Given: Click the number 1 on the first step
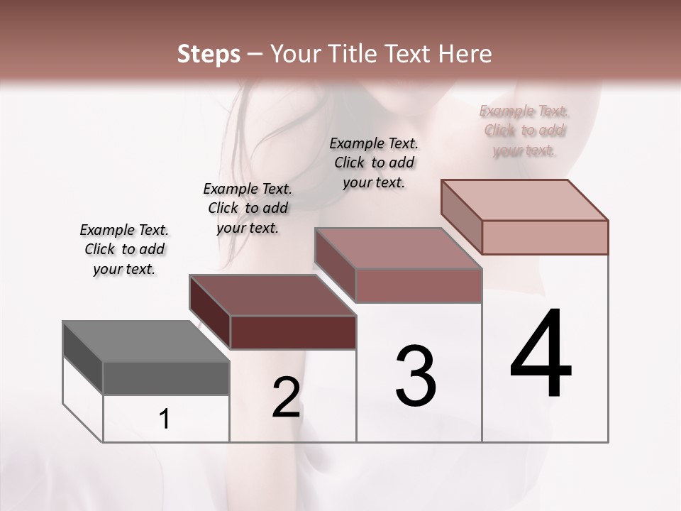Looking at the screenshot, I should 165,419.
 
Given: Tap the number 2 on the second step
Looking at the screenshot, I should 287,397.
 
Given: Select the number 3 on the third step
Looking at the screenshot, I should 416,375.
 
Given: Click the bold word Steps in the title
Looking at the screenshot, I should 209,54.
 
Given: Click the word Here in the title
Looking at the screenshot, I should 465,54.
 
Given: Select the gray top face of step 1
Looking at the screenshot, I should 145,341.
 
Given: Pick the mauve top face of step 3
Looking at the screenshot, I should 399,248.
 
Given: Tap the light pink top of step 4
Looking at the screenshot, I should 525,200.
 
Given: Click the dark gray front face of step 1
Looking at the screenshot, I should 166,378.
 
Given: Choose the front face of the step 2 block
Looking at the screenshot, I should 293,332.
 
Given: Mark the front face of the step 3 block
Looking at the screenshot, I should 419,285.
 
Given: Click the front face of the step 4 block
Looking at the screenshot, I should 545,237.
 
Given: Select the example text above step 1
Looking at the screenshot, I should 124,249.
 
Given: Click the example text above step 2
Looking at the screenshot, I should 248,208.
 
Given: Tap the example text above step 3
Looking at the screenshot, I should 374,163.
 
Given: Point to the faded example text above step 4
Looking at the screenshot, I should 524,131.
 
